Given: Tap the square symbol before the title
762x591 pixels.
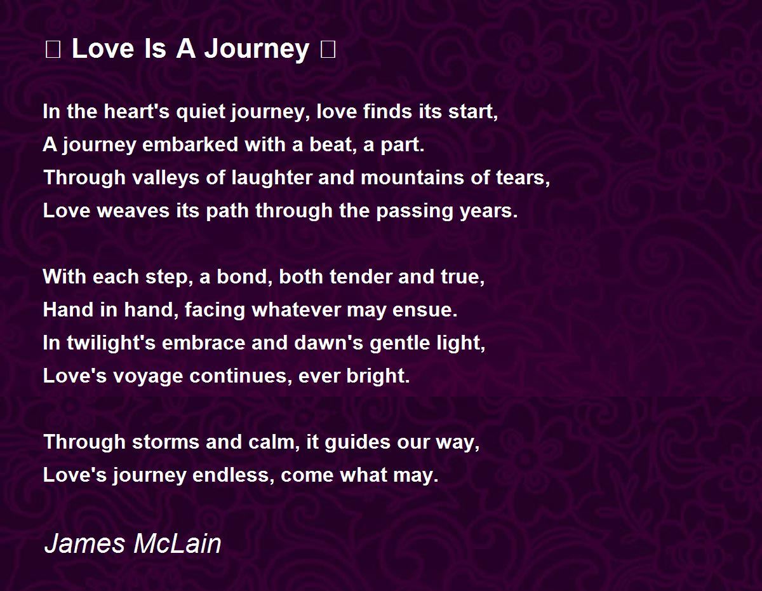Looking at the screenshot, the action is (53, 50).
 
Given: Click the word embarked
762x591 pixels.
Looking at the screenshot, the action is (190, 144).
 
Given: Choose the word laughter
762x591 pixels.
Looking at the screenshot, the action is (272, 177).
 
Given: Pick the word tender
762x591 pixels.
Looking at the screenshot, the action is (361, 276).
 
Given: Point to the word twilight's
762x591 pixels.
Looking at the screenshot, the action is (111, 343).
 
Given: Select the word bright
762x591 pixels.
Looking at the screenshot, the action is (378, 376).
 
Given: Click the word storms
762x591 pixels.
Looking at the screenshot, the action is (166, 442).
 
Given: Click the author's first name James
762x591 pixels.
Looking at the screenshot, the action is (84, 544).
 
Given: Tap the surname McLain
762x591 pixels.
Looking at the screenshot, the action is (177, 544).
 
